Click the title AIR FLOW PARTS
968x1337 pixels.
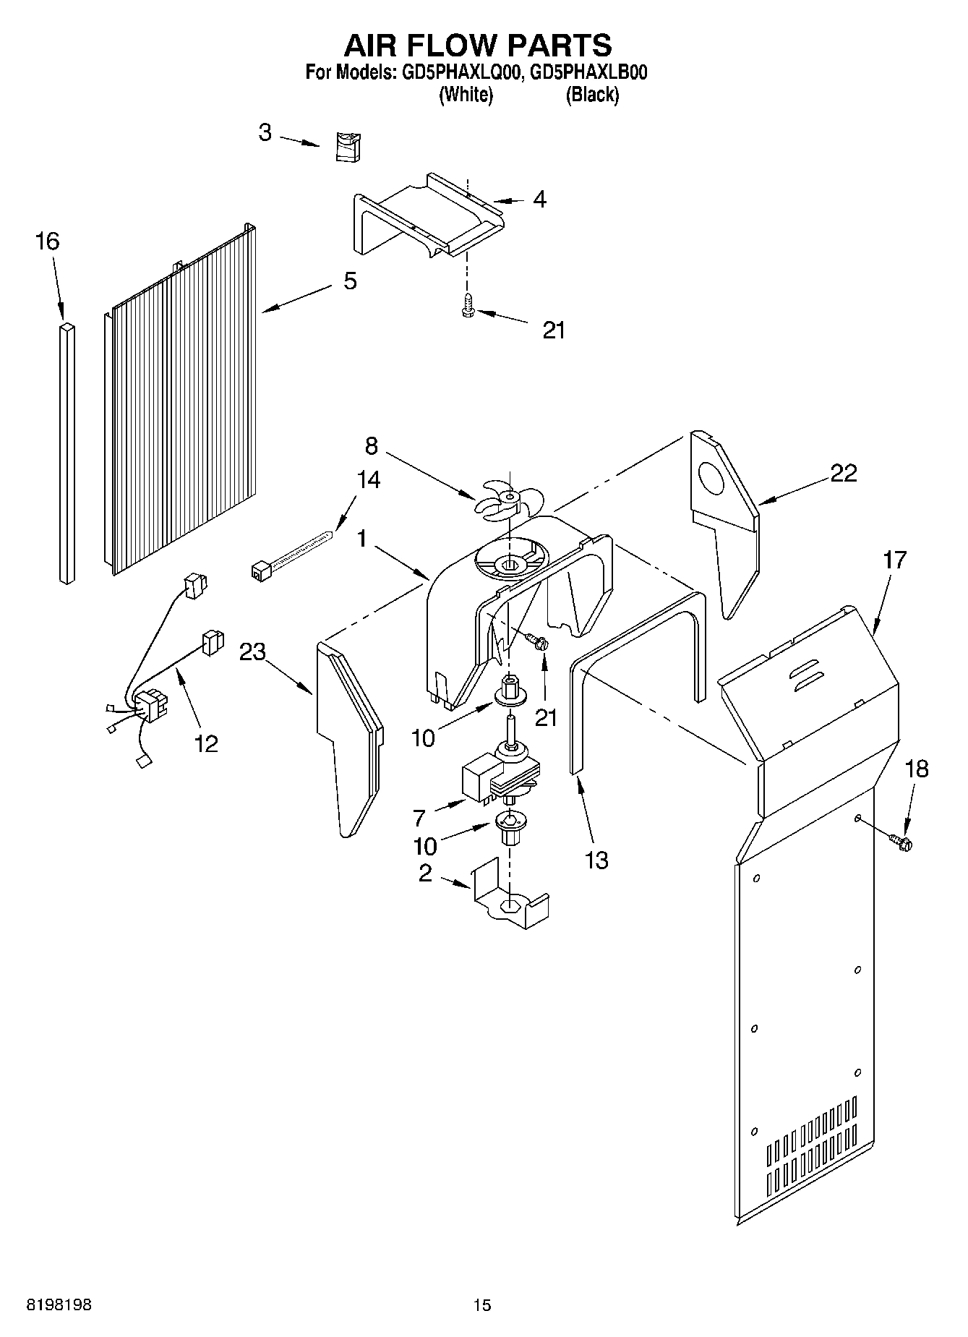477,45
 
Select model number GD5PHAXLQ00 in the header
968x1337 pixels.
458,72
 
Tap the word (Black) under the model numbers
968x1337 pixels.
592,94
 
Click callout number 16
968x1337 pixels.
47,242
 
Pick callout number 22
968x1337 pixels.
843,473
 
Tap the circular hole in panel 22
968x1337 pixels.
711,479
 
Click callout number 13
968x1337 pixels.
597,860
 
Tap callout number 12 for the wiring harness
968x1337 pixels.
206,743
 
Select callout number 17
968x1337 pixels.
894,560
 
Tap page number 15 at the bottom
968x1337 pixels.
481,1304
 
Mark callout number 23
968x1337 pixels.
252,652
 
